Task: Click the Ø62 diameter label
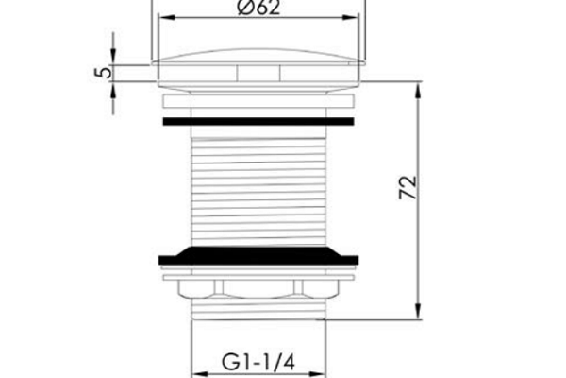point(258,8)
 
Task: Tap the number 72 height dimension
point(408,188)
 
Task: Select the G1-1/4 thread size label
point(258,362)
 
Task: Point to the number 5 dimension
point(103,73)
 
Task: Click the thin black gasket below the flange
point(258,122)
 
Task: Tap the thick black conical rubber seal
point(258,256)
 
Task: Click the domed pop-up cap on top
point(258,57)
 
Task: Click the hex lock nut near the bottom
point(258,288)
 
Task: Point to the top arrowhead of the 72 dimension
point(418,90)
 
